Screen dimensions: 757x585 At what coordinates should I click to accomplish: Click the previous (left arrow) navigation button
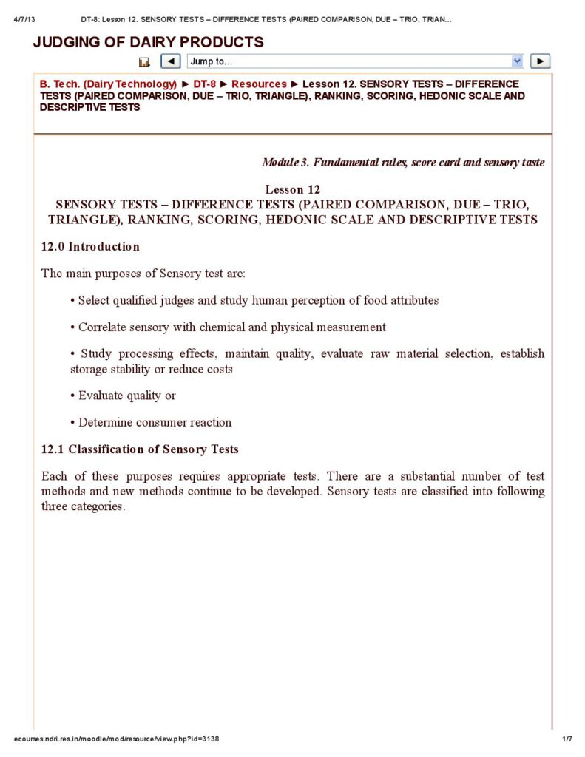click(x=171, y=61)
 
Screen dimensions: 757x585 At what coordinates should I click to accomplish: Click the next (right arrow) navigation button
click(x=541, y=61)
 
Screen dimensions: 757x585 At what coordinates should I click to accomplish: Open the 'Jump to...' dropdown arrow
click(x=517, y=61)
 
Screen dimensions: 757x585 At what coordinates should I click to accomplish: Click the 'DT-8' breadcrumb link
click(x=204, y=84)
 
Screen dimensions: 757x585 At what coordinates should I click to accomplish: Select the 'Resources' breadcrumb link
click(x=259, y=84)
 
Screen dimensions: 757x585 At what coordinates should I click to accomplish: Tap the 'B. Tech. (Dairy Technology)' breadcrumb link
click(x=108, y=84)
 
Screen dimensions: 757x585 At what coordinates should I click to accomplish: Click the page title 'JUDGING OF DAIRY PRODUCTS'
click(x=148, y=42)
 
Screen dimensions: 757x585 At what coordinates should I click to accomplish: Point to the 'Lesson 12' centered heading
click(x=293, y=189)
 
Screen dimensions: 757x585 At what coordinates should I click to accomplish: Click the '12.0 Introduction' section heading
click(x=90, y=246)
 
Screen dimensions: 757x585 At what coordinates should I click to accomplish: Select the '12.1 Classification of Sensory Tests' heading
click(x=140, y=449)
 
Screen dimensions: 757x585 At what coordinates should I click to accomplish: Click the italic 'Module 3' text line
click(x=403, y=162)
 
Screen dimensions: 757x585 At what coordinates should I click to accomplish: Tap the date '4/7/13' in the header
click(x=26, y=18)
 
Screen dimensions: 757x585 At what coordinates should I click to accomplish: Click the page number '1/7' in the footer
click(x=567, y=739)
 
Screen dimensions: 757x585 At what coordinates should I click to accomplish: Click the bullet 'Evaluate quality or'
click(x=126, y=396)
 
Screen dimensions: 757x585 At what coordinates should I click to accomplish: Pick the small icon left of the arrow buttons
click(x=144, y=62)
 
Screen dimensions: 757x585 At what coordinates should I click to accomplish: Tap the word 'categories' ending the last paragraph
click(x=98, y=506)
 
